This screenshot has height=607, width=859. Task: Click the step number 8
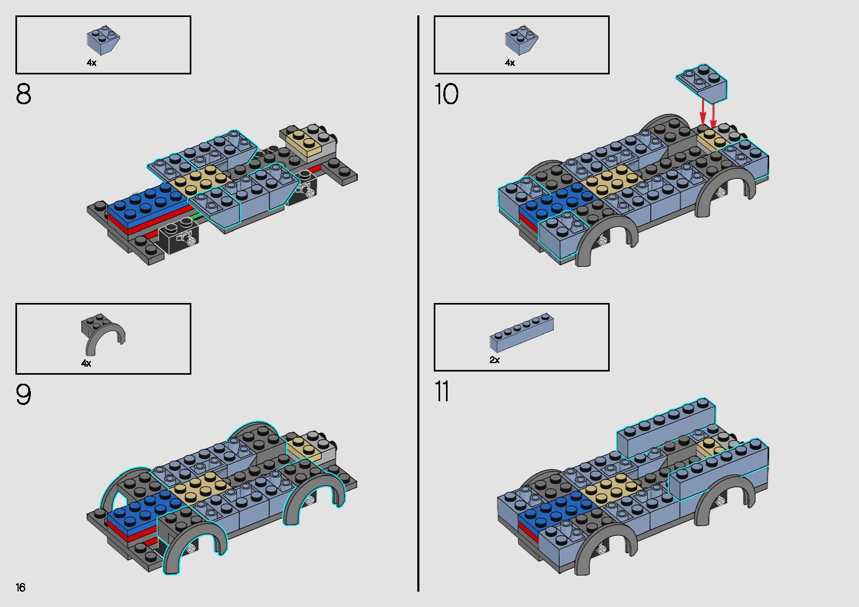(x=23, y=95)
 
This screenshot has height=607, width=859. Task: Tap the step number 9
(x=23, y=395)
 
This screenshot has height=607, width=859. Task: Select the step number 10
(x=446, y=95)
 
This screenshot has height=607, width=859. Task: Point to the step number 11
(x=442, y=392)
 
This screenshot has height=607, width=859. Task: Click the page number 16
(x=21, y=587)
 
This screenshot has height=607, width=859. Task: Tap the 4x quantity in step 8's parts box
(x=91, y=63)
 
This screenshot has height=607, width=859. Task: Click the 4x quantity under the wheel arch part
(x=86, y=364)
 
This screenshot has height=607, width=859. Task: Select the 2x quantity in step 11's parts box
(x=494, y=360)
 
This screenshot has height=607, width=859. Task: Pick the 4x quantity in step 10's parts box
(x=510, y=63)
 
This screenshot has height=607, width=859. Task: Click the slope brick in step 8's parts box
(x=103, y=39)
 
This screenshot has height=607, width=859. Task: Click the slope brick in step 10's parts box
(x=521, y=39)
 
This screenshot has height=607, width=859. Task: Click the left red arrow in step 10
(x=703, y=113)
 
